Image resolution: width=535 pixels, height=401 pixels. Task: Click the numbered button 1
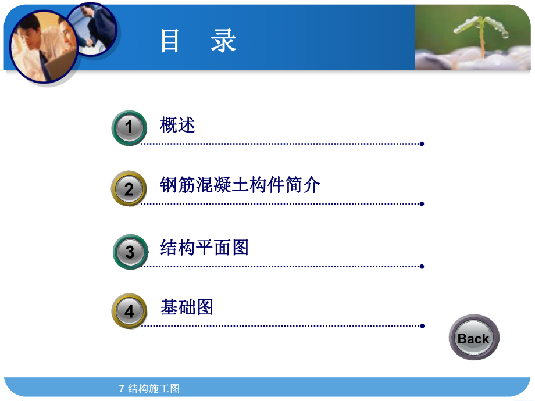coord(129,127)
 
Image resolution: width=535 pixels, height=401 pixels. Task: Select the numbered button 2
coord(129,188)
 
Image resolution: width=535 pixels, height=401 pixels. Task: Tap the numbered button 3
coord(130,252)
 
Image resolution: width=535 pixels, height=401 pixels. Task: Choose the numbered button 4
coord(129,311)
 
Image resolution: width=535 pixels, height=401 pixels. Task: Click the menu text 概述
coord(177,125)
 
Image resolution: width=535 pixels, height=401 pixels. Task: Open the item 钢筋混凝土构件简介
coord(240,185)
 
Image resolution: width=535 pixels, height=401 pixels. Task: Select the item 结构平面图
coord(204,248)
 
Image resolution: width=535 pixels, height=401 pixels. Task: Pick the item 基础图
coord(187,307)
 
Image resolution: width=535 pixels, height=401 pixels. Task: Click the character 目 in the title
coord(170,42)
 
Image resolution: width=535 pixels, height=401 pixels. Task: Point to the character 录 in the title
coord(224,42)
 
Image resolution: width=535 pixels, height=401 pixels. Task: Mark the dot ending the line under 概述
coord(422,144)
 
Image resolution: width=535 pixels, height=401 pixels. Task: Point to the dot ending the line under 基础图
coord(422,326)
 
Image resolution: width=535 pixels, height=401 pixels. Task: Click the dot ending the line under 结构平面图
coord(422,267)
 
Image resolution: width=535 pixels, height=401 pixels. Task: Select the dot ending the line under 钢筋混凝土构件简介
coord(422,204)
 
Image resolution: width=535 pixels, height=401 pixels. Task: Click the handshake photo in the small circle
coord(93,29)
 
